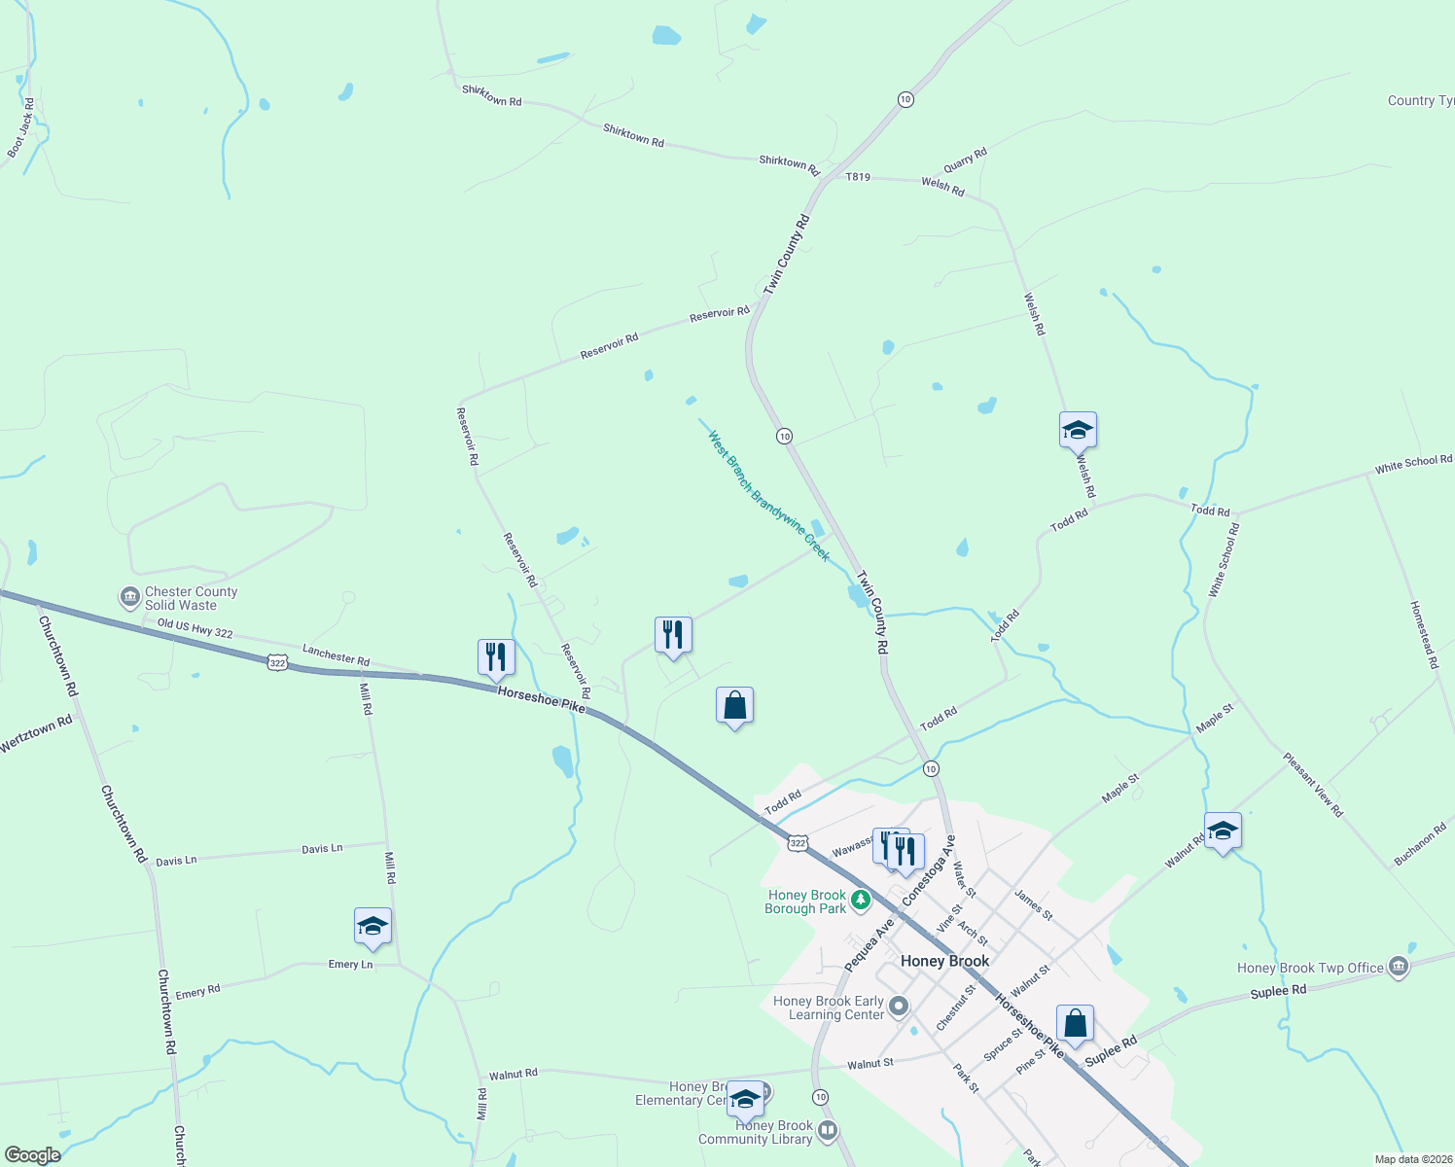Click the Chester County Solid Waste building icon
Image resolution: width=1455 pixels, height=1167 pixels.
coord(129,596)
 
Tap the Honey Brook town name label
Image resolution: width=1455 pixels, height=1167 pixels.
coord(944,961)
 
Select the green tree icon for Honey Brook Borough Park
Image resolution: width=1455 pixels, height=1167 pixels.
coord(860,901)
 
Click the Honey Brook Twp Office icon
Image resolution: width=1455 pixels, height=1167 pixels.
coord(1399,966)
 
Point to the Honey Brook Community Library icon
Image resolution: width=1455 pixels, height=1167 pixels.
coord(828,1130)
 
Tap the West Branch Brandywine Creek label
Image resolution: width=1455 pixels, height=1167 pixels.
coord(768,496)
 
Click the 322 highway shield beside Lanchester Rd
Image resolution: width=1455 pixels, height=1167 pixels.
coord(278,662)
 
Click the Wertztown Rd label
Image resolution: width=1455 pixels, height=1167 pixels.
coord(36,734)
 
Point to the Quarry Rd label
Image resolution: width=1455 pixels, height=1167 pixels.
coord(965,160)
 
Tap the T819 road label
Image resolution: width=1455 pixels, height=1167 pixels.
coord(858,177)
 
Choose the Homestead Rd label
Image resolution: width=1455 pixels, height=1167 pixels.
coord(1423,634)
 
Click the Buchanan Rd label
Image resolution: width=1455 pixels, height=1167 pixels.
coord(1420,844)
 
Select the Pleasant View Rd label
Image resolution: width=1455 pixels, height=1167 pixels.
coord(1312,785)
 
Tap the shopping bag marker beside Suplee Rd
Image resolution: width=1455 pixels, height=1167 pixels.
coord(1075,1024)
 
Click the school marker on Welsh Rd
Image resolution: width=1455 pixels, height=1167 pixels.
coord(1078,430)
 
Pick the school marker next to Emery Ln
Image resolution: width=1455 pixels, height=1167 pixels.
coord(373,927)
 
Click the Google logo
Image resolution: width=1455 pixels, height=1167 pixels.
coord(32,1155)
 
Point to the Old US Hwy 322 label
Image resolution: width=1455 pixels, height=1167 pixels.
coord(195,629)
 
